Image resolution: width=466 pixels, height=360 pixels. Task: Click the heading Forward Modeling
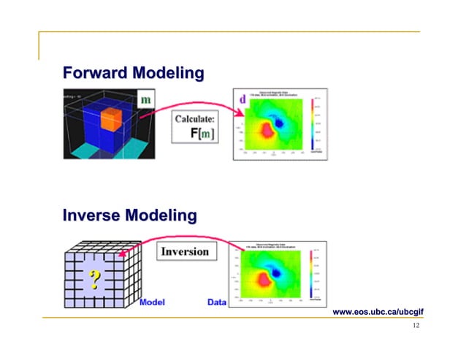coord(133,73)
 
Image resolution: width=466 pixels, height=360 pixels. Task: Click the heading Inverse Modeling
coord(129,215)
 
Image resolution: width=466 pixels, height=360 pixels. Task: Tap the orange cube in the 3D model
coord(114,119)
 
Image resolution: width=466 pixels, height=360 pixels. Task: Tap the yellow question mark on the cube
coord(94,278)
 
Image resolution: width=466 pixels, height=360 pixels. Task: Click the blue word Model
coord(151,302)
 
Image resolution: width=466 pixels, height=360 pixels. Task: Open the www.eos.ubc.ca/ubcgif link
coord(378,312)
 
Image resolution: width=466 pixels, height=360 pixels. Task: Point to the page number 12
coord(416,326)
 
